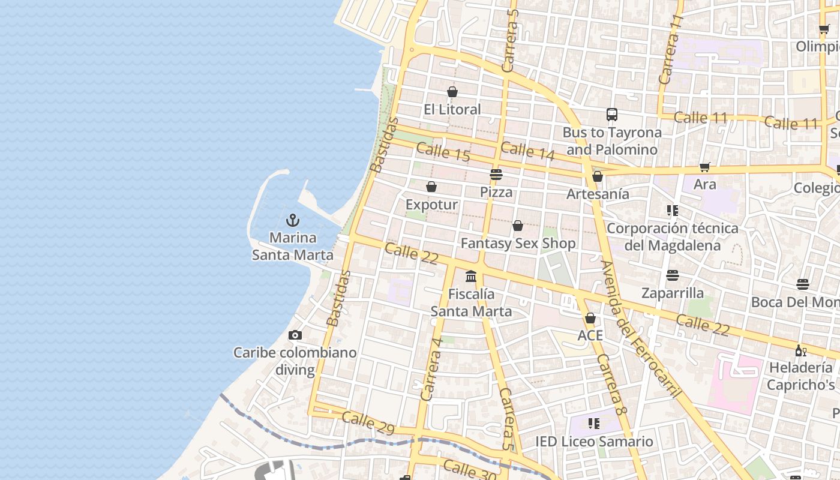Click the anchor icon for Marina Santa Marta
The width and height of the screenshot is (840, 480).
click(x=293, y=220)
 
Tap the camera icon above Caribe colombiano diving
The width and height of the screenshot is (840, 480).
click(x=295, y=335)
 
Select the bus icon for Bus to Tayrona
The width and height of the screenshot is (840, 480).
click(x=612, y=115)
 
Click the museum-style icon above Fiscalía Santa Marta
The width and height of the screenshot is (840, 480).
click(x=471, y=277)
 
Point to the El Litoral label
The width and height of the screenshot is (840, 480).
click(x=452, y=109)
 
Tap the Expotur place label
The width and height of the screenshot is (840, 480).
click(x=431, y=205)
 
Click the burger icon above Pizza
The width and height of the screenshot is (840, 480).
click(x=496, y=175)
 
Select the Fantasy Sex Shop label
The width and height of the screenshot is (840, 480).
click(x=518, y=243)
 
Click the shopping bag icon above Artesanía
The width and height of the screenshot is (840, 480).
click(x=598, y=176)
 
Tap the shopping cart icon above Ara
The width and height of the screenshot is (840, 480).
click(x=705, y=167)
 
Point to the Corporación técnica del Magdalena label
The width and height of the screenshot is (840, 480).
click(x=672, y=237)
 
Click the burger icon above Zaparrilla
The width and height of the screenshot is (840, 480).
click(x=673, y=275)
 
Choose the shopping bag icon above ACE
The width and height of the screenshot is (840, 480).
click(x=590, y=318)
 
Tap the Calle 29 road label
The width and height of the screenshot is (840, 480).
click(x=368, y=422)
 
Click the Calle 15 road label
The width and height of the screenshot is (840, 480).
click(x=443, y=152)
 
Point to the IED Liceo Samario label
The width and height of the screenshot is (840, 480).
click(x=594, y=442)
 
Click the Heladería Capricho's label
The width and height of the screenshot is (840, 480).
click(x=801, y=376)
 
